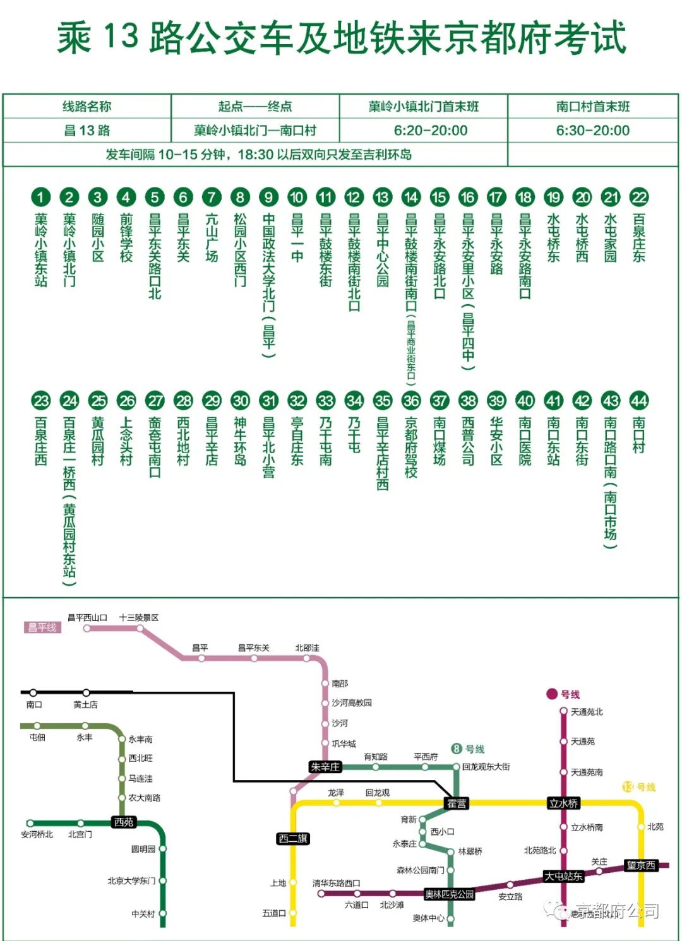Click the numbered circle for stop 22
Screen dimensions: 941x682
(639, 197)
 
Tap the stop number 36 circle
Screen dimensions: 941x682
(411, 401)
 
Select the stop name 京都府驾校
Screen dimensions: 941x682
(411, 447)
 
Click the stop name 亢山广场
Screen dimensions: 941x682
(212, 238)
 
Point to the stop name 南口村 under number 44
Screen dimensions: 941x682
(639, 435)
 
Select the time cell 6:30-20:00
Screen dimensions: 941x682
(592, 131)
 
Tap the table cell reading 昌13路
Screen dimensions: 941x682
(87, 131)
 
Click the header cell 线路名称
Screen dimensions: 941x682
(87, 107)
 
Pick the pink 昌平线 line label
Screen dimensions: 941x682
(42, 627)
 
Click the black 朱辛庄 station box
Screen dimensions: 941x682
(325, 767)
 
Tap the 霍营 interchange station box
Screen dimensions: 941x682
(457, 803)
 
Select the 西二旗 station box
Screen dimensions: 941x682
(293, 839)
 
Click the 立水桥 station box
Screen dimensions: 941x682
(563, 803)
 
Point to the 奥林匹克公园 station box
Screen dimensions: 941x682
(450, 894)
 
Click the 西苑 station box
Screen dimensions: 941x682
(124, 822)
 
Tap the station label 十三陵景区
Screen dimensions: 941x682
(139, 618)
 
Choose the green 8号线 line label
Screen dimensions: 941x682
(468, 749)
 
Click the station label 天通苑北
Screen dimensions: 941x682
(587, 712)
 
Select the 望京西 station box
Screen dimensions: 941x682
(640, 865)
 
